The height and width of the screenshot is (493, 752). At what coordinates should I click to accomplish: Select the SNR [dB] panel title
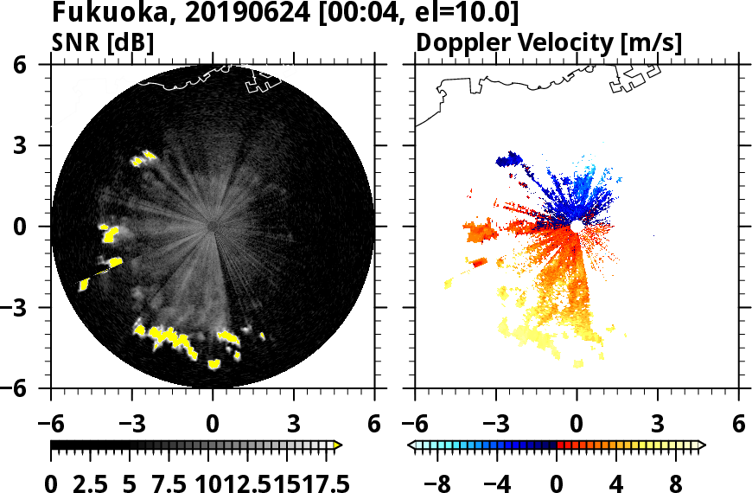point(104,42)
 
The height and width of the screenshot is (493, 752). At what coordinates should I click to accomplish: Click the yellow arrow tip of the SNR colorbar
point(338,445)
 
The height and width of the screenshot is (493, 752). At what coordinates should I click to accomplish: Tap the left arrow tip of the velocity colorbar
point(411,445)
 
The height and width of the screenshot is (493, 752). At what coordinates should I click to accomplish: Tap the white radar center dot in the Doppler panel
point(576,226)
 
